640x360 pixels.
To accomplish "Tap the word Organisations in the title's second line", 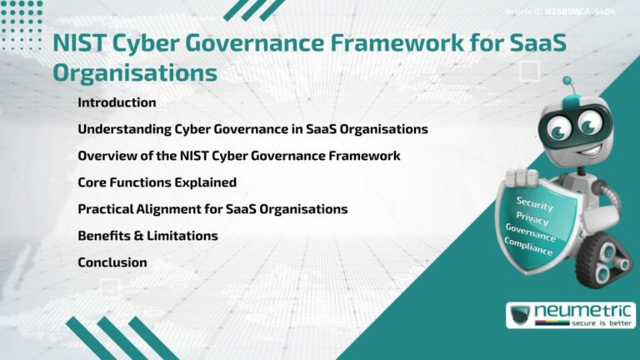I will tap(135, 72).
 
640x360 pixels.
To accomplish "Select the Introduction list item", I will tap(117, 102).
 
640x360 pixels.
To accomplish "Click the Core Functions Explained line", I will tap(157, 182).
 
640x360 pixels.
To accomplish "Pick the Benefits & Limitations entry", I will tap(147, 236).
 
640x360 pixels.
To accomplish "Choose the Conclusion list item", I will tap(112, 262).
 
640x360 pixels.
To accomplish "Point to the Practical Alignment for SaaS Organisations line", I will tap(212, 209).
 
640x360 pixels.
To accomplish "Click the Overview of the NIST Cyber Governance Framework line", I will tap(238, 156).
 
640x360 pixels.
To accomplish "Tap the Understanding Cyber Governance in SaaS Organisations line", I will tap(252, 129).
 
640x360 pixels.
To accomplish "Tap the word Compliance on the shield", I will tap(527, 246).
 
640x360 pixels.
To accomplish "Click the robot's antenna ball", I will tap(567, 82).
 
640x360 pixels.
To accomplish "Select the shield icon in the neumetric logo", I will tap(521, 316).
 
